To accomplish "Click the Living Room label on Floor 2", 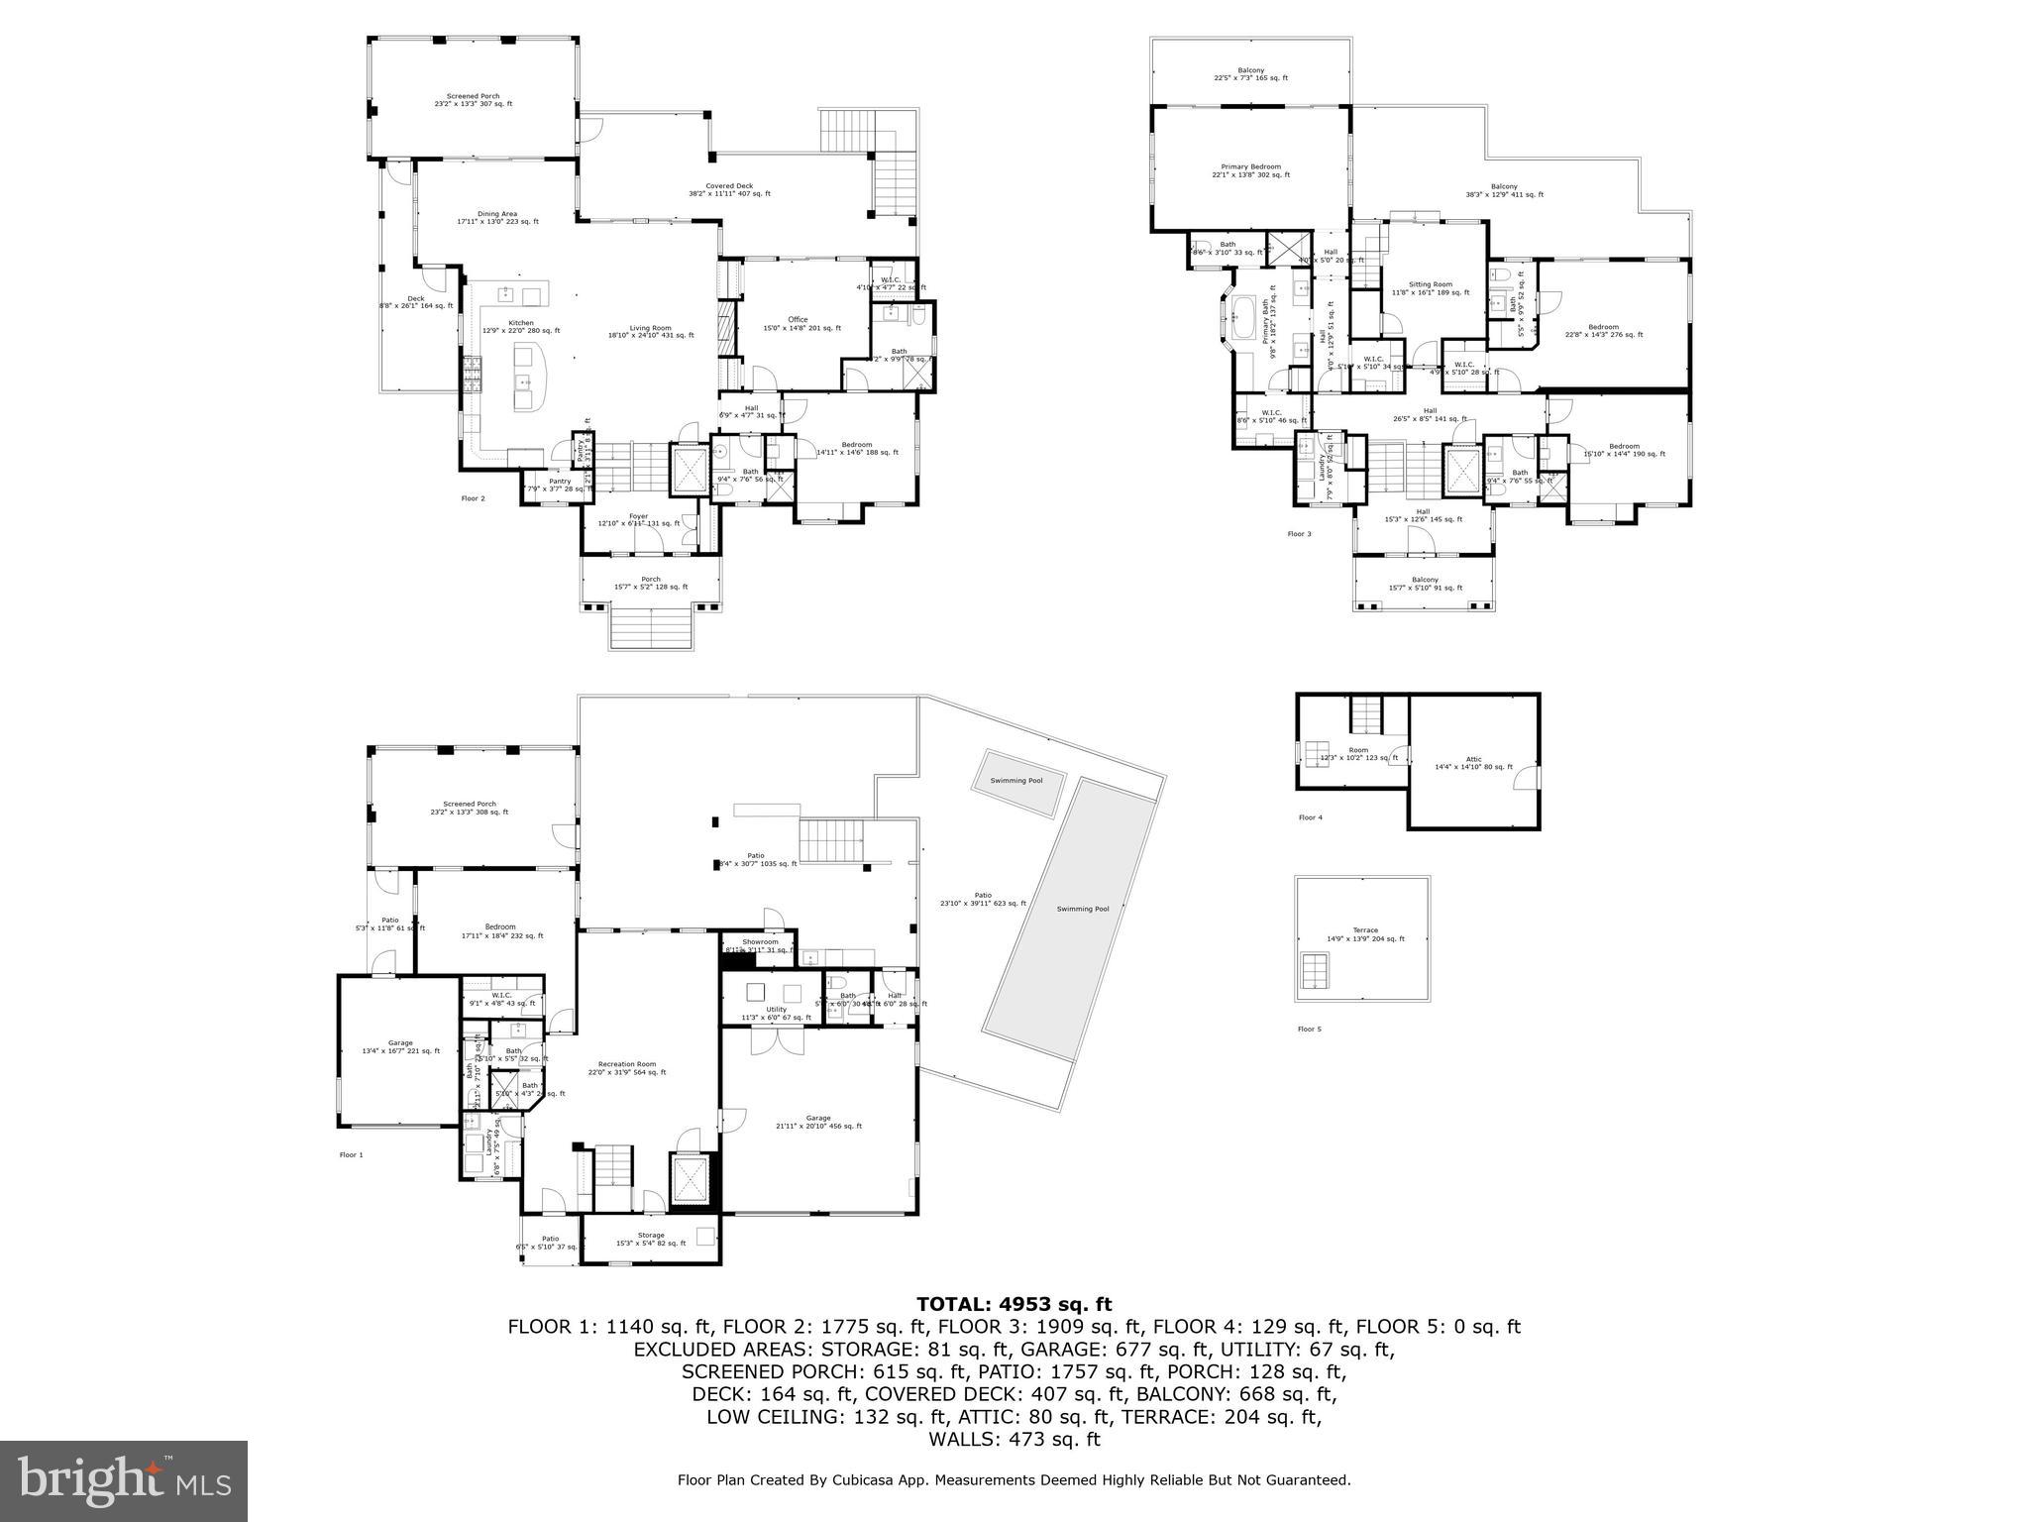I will click(650, 328).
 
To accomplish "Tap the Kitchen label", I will click(521, 323).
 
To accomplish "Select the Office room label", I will click(799, 319).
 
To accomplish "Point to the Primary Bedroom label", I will click(1250, 167).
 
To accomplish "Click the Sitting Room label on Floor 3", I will click(1430, 284).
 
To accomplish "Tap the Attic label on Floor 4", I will click(1473, 759).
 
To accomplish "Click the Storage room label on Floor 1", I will click(651, 1236).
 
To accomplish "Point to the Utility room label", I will click(776, 1010).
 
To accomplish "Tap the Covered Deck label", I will click(729, 186).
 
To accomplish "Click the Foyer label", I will click(638, 516).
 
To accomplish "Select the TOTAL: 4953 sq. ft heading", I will click(1014, 1304).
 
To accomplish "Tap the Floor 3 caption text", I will click(1299, 534).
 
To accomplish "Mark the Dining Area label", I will click(497, 214).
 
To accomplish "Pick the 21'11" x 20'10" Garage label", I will click(817, 1118).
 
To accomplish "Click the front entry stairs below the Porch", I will click(650, 626).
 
